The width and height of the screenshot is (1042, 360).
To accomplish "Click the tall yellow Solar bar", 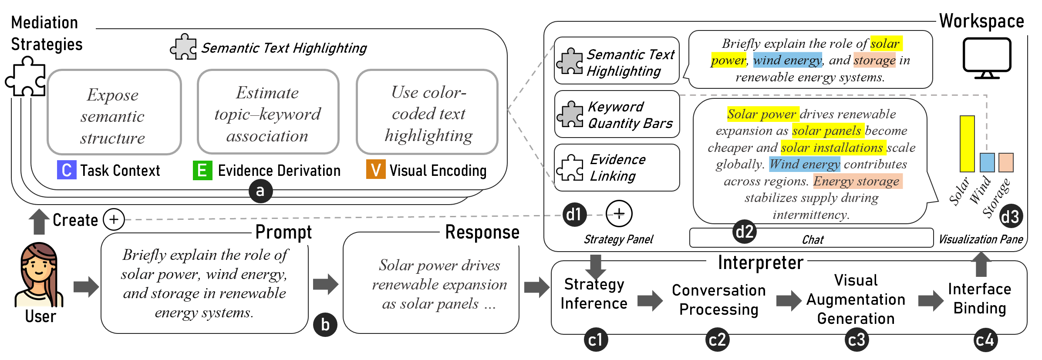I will [967, 144].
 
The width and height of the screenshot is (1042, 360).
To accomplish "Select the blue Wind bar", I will [987, 162].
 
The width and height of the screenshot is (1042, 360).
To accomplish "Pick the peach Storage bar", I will [1006, 162].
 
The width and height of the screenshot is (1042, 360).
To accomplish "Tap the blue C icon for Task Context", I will [67, 170].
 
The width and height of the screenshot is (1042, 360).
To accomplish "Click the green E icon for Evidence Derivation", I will [202, 170].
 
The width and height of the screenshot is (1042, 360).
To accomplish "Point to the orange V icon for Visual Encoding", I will [376, 170].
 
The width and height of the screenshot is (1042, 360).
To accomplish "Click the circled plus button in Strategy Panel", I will [619, 214].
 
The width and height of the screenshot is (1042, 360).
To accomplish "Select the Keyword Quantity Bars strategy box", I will [617, 114].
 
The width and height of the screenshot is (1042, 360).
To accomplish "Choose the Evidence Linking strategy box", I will [617, 168].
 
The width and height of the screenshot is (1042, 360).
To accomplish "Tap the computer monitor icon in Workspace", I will [987, 57].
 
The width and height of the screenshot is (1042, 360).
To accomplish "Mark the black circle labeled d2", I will [744, 232].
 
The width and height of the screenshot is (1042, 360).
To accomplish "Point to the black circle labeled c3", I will [857, 340].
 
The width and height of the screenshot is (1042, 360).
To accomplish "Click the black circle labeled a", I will [260, 191].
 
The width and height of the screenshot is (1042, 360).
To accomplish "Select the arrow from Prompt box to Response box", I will [326, 284].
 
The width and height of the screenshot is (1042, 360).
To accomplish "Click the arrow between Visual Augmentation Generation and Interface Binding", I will [931, 300].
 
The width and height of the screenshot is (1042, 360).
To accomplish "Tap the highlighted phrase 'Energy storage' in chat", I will [857, 181].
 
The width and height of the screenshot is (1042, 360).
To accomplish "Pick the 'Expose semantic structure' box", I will [114, 112].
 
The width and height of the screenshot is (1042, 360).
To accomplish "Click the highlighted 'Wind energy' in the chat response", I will [804, 164].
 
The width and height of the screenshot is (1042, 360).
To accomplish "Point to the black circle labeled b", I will [325, 325].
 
